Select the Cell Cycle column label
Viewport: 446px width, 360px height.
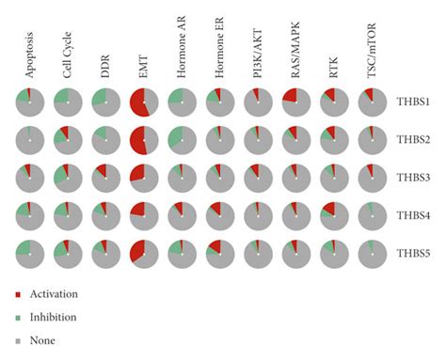tap(67, 57)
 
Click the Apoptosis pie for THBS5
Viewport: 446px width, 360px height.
tap(30, 254)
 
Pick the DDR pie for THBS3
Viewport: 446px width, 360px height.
tap(105, 178)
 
